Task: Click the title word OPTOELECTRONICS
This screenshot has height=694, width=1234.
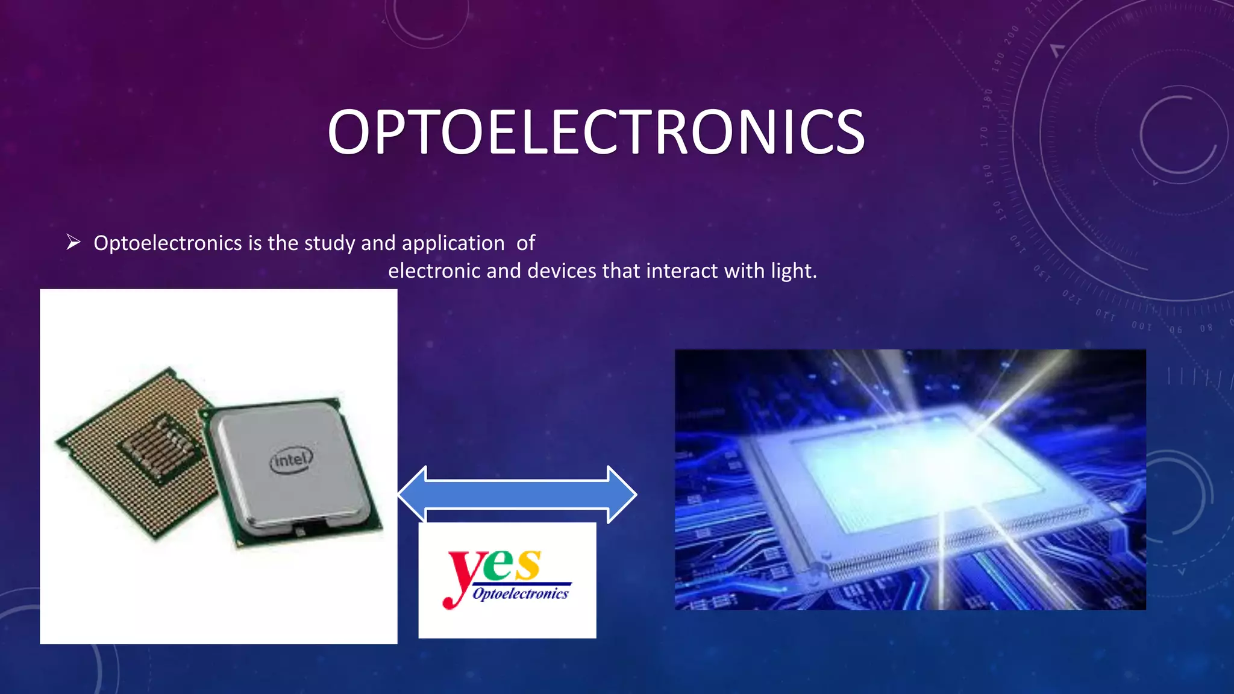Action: pos(596,133)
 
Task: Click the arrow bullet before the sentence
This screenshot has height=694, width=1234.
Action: pos(74,243)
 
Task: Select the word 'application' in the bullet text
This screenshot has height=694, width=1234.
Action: pos(453,243)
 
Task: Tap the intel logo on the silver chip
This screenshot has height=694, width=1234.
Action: pos(291,460)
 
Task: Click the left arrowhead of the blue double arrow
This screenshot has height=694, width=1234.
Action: pos(413,495)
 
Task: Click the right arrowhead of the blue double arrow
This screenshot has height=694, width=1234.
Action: pos(621,495)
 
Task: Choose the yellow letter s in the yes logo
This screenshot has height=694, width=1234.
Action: pos(528,565)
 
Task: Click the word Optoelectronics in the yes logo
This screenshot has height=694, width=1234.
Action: pos(521,594)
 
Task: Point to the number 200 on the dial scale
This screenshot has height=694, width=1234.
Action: pos(1012,35)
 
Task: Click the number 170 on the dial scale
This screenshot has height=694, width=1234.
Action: pos(985,137)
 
